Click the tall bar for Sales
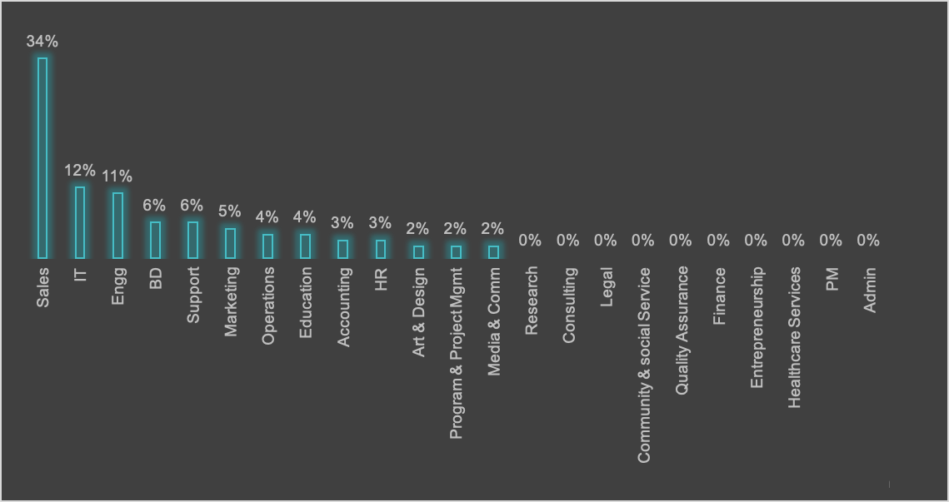(42, 158)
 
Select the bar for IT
(80, 222)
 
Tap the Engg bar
(117, 225)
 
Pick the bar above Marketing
(230, 243)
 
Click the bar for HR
(381, 249)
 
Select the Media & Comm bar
(493, 251)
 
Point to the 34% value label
(42, 41)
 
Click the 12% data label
(80, 170)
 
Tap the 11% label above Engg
(117, 176)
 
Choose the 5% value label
(230, 211)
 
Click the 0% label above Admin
(868, 241)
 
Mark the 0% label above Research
(530, 241)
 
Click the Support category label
(193, 295)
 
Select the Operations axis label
(268, 306)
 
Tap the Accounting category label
(343, 307)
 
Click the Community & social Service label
(644, 365)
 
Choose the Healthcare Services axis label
(794, 337)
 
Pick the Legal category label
(607, 287)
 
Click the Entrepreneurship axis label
(757, 327)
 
